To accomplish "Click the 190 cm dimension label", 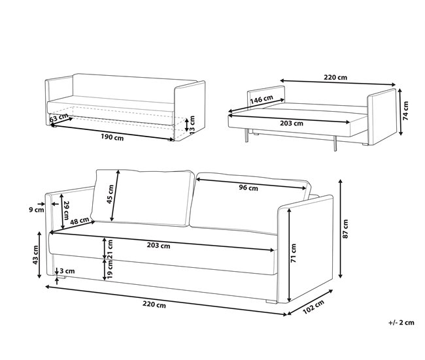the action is pos(112,138).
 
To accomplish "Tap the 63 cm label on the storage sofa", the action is pos(59,118).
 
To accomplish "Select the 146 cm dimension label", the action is pos(262,99).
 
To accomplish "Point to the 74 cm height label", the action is pos(406,111).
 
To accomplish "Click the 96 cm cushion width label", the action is pos(248,188).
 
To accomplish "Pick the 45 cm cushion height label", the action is pos(110,195).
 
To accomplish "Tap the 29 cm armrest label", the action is pos(66,211).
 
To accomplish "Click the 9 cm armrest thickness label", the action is pos(37,210).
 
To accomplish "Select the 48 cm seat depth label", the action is pos(80,221).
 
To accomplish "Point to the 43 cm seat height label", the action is pos(35,255).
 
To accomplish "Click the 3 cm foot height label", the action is pos(67,271).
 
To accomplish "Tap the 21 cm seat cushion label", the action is pos(110,249).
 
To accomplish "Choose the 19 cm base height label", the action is pos(110,270).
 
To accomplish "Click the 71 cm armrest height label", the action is pos(294,253).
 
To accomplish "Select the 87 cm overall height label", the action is pos(345,229).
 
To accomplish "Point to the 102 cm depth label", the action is pos(313,307).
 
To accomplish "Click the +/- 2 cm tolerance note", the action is pos(401,323).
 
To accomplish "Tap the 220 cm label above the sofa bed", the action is pos(335,78).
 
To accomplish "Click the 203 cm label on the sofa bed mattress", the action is pos(292,123).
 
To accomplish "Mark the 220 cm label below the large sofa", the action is pos(154,304).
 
